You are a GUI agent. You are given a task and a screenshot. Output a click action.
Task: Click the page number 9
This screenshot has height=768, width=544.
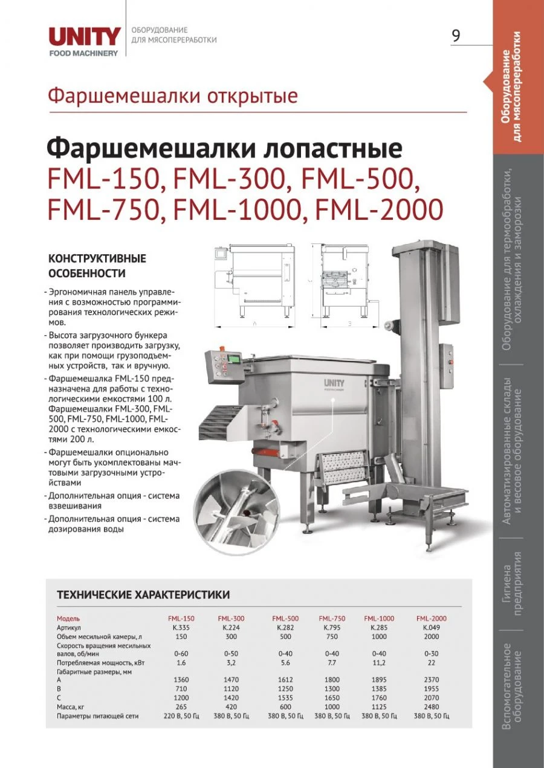456,36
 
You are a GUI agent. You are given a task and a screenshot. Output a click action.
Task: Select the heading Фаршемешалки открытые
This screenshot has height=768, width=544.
173,96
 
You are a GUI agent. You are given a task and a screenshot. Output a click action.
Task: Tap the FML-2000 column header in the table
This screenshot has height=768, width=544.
432,618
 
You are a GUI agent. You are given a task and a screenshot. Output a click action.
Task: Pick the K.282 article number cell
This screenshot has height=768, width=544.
286,628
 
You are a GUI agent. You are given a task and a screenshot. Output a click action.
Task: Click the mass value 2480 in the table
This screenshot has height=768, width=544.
432,706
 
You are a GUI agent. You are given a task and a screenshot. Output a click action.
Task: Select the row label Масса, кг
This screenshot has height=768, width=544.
75,706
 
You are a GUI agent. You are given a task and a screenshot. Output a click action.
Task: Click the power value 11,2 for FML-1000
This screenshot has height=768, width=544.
379,662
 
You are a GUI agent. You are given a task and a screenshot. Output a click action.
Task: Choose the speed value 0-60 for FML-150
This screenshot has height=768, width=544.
181,653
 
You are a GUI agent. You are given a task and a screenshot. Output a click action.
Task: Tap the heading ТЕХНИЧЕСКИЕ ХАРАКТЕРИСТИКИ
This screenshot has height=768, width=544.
143,595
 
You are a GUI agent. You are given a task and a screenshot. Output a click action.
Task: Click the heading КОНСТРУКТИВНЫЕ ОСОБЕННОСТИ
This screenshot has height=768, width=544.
97,266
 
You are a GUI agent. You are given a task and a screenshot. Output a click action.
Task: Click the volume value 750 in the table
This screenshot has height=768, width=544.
332,637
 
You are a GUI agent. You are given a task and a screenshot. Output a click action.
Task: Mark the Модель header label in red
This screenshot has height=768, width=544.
68,618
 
